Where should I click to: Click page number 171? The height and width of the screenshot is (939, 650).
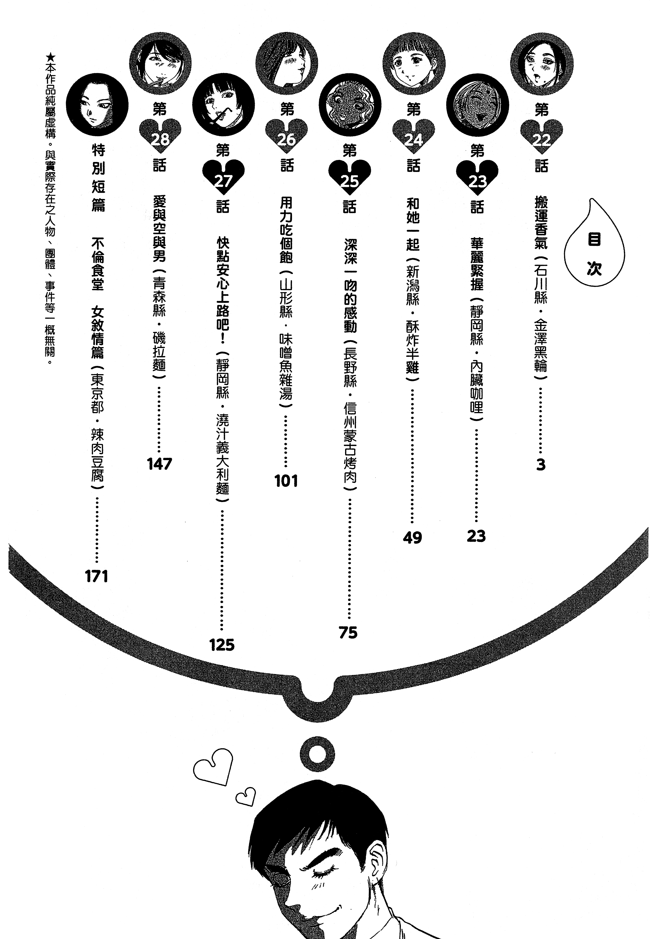(x=97, y=577)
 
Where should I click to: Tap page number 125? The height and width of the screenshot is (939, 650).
(x=222, y=645)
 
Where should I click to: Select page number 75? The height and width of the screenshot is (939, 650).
(x=348, y=632)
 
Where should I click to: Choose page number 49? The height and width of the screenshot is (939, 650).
(x=412, y=538)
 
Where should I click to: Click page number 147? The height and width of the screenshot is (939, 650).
(x=160, y=464)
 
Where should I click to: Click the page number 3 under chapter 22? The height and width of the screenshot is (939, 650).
(x=541, y=464)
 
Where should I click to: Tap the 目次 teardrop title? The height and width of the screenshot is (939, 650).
(x=594, y=252)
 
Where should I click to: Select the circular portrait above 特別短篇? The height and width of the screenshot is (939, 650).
(x=97, y=105)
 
